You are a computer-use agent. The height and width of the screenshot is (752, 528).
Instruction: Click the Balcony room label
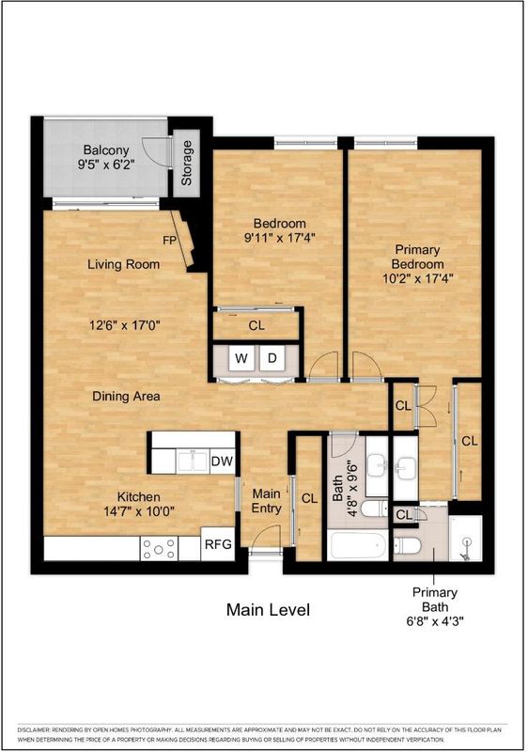(106, 149)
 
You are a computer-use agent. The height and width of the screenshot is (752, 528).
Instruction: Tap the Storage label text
(186, 163)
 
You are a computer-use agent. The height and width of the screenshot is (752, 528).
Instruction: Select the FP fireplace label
(170, 241)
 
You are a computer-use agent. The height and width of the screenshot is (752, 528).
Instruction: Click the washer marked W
(241, 358)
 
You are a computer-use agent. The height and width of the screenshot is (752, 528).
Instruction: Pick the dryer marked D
(272, 358)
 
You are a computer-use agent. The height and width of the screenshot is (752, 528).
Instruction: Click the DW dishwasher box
(222, 462)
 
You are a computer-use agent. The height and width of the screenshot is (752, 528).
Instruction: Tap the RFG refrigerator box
(218, 544)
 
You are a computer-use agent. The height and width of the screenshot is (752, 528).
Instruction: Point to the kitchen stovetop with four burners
(159, 548)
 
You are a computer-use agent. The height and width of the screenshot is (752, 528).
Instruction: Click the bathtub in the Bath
(358, 545)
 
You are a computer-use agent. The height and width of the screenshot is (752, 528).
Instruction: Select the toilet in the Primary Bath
(407, 545)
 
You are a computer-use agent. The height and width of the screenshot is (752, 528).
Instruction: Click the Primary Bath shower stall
(465, 538)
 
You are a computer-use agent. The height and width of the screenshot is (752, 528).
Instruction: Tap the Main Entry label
(267, 501)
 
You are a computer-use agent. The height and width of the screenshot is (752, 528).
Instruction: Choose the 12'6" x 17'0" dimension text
(125, 325)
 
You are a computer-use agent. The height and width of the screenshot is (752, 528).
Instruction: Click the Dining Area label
(126, 396)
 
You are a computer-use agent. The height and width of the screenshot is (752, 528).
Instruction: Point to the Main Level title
(269, 609)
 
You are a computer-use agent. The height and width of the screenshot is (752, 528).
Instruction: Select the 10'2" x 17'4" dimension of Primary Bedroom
(418, 278)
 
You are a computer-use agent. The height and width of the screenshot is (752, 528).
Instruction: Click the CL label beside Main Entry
(309, 499)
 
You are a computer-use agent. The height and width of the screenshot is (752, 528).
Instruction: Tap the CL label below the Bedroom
(256, 325)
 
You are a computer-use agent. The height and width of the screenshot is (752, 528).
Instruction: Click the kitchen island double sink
(193, 462)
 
